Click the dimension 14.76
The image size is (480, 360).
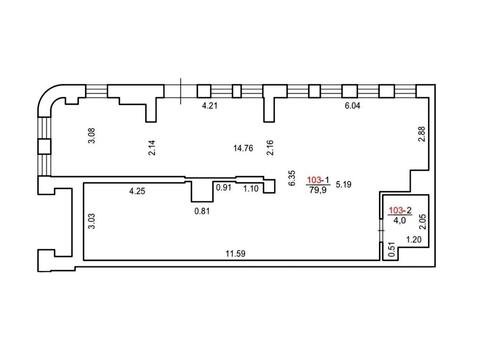pos(243,148)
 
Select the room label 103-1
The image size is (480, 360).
pos(318,180)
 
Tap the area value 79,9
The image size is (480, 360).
pos(318,190)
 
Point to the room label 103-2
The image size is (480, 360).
pos(400,210)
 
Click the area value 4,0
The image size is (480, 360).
pos(399,220)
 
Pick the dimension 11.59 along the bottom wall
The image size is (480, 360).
pos(235,254)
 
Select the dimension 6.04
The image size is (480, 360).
pos(352,106)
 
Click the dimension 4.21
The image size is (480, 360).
pos(210,106)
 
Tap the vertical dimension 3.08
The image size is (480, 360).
pos(92,136)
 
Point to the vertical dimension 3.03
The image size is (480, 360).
pos(92,221)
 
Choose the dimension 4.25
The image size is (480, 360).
pos(137,191)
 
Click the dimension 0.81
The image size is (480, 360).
pos(202,211)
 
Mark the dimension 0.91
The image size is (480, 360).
pos(224,188)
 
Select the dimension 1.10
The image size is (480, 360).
pos(251,189)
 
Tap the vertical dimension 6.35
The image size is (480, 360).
pos(291,178)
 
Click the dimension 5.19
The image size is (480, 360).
pos(343,184)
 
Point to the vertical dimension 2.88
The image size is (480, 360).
pos(422,134)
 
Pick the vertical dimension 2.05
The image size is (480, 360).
pos(423,222)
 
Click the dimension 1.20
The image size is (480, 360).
pos(414,239)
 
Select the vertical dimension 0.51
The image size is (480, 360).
pos(392,249)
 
